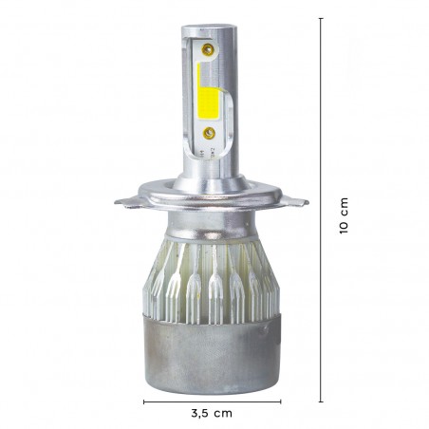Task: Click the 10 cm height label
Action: pos(345,216)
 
